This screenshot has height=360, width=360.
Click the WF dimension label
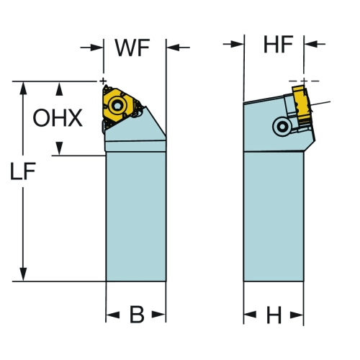click(x=132, y=48)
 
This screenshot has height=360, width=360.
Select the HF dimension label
click(x=278, y=45)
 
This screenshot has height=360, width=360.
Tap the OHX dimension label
click(x=58, y=118)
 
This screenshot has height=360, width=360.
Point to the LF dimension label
click(x=23, y=171)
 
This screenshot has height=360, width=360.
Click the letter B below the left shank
click(x=137, y=314)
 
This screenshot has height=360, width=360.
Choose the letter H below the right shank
click(x=274, y=315)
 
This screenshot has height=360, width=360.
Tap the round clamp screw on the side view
click(x=282, y=127)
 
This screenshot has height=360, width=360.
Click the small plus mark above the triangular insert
click(x=103, y=81)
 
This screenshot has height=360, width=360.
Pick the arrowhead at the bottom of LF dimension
click(x=23, y=274)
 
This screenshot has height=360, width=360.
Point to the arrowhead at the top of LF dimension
click(x=23, y=89)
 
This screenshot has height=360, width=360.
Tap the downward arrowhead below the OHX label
click(x=59, y=148)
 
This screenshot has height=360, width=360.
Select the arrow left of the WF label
click(x=91, y=48)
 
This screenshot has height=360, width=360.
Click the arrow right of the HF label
click(x=315, y=44)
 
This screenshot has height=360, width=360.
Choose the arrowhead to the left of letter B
click(x=113, y=315)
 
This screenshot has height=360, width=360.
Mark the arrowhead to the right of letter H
click(x=297, y=315)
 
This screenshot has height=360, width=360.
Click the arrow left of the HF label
click(x=233, y=44)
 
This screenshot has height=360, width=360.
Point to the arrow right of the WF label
click(x=178, y=48)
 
